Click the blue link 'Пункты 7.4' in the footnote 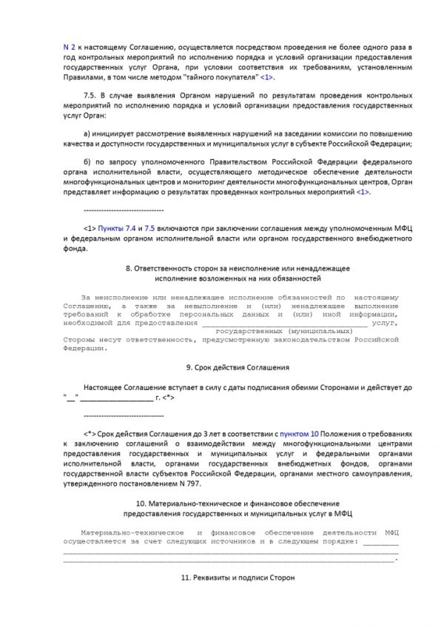coord(118,229)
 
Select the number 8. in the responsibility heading coord(128,267)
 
